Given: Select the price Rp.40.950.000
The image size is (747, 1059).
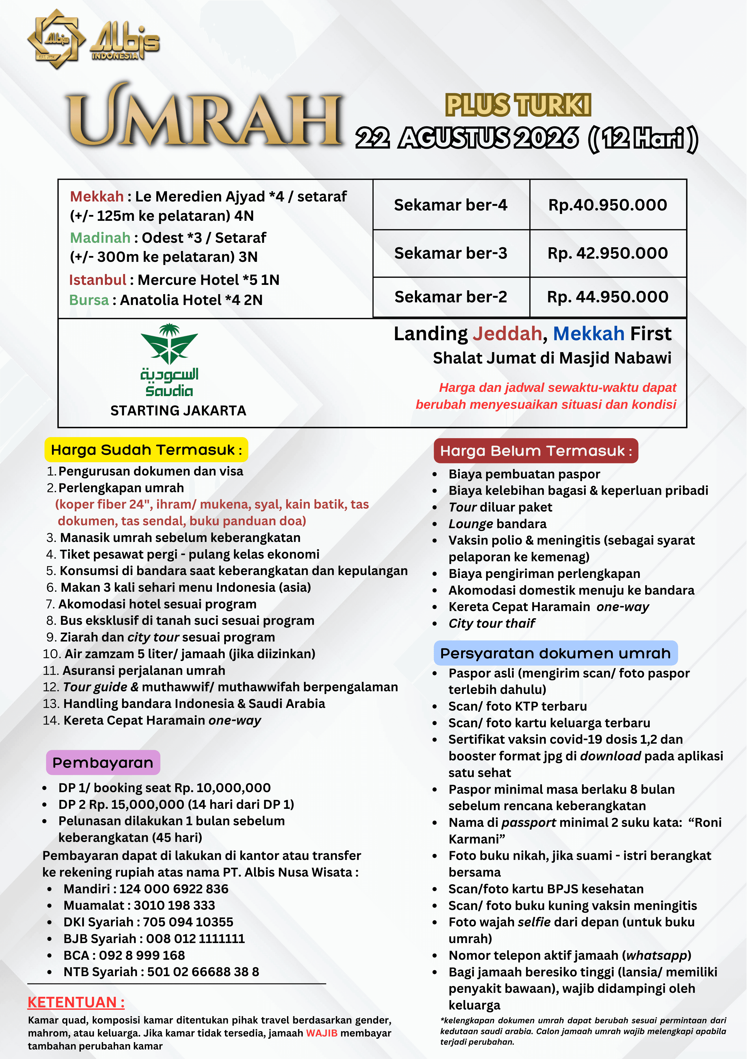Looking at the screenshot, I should coord(608,205).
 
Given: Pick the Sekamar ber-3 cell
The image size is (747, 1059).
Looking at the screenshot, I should coord(450,253).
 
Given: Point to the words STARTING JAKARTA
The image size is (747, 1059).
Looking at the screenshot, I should coord(178,411).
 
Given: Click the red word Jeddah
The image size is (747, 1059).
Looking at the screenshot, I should coord(507,334).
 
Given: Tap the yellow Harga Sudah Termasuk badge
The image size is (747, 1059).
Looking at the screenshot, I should coord(146,450).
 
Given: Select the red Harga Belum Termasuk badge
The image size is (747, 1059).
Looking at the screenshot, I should coord(536,451).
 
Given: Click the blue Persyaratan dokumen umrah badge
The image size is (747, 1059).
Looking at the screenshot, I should coord(555,653).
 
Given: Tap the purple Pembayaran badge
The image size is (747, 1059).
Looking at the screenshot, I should coord(103,762).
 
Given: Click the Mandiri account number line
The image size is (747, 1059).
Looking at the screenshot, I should coord(146,889).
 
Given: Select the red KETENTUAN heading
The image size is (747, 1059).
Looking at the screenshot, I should coord(76,1002).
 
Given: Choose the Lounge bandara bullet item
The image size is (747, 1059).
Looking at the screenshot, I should coord(497,524).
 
